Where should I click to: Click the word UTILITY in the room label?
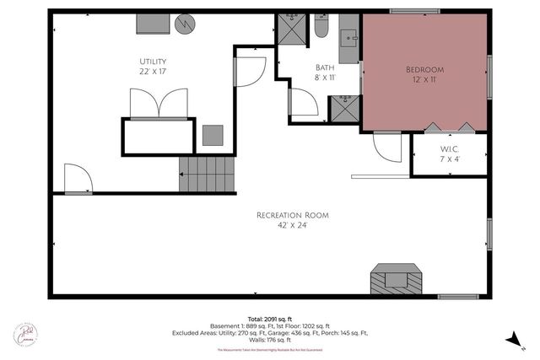(x=153, y=62)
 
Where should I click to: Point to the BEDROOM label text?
(x=424, y=68)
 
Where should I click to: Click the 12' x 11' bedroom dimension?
(x=424, y=81)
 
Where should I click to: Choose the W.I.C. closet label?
(x=449, y=148)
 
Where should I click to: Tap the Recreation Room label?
(x=293, y=216)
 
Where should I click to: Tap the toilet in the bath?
(x=321, y=30)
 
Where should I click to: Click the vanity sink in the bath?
(x=348, y=39)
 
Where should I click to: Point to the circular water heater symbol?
(x=184, y=24)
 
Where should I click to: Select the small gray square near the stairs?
(x=212, y=135)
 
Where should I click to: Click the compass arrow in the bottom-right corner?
(x=510, y=340)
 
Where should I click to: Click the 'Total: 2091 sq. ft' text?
(x=268, y=319)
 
